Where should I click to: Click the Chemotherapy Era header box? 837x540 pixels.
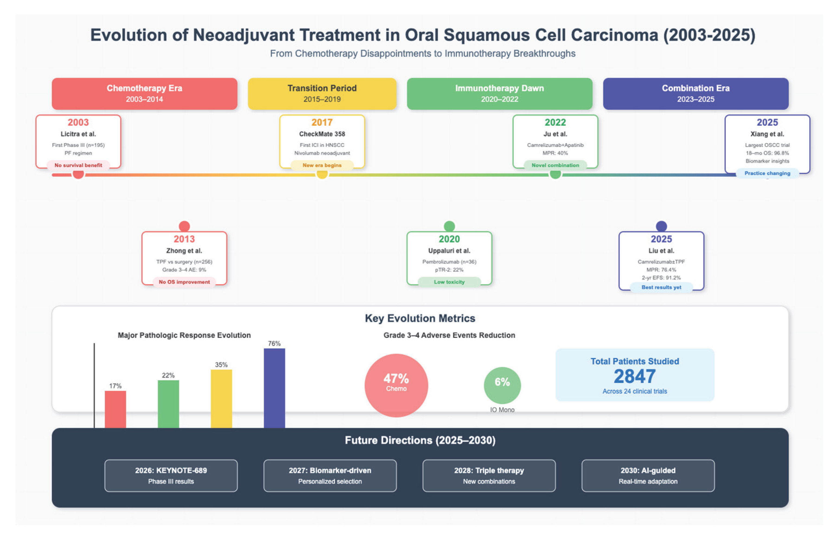pyautogui.click(x=144, y=94)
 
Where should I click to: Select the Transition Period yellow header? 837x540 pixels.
pyautogui.click(x=322, y=94)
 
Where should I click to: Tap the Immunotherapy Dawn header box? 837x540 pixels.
pyautogui.click(x=499, y=94)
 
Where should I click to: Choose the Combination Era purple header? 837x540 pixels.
pyautogui.click(x=695, y=94)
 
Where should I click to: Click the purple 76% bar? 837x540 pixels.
pyautogui.click(x=274, y=387)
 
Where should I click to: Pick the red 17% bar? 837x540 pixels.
pyautogui.click(x=115, y=409)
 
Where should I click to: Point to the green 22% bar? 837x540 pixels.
pyautogui.click(x=168, y=404)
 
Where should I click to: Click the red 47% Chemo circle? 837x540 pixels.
pyautogui.click(x=396, y=385)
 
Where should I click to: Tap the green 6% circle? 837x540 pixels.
pyautogui.click(x=502, y=385)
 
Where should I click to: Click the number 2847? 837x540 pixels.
pyautogui.click(x=634, y=376)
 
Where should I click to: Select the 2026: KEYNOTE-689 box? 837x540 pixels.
pyautogui.click(x=171, y=475)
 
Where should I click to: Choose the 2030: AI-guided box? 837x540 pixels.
pyautogui.click(x=648, y=475)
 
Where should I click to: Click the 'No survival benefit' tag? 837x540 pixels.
pyautogui.click(x=78, y=165)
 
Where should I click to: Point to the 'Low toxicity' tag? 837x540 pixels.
pyautogui.click(x=449, y=282)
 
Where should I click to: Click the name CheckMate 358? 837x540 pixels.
pyautogui.click(x=322, y=134)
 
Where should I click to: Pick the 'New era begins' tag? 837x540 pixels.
pyautogui.click(x=322, y=165)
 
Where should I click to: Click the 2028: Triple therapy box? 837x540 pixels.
pyautogui.click(x=489, y=475)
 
